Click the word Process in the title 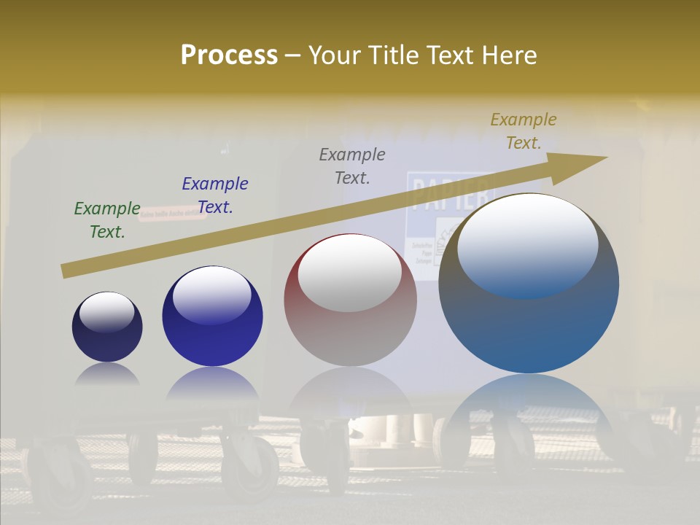click(x=229, y=55)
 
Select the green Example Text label click(x=107, y=220)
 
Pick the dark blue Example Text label click(x=215, y=195)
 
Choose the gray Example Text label click(x=352, y=166)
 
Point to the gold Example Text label click(x=524, y=131)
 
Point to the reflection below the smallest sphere click(x=107, y=374)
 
